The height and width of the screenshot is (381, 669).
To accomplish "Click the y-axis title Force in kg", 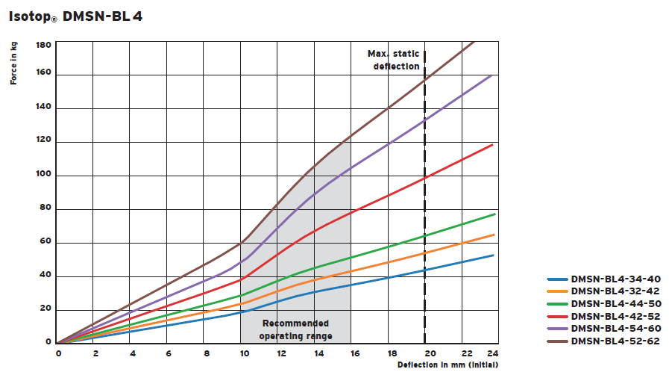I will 14,63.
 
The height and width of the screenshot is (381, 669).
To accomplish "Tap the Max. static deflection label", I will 393,60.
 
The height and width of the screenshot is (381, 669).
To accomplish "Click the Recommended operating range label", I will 295,329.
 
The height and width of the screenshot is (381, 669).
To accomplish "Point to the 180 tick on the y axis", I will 43,45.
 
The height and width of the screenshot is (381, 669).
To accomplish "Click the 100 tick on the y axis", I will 43,176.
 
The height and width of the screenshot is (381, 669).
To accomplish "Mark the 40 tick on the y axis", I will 45,276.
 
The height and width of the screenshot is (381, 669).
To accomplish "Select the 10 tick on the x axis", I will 242,353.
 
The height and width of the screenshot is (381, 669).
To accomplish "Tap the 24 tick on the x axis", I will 492,353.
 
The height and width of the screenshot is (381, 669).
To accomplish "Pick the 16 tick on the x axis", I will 351,353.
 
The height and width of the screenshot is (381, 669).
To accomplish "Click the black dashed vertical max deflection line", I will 425,224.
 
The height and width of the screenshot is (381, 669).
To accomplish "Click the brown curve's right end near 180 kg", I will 473,44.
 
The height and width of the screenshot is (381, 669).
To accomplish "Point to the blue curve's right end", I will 493,255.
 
